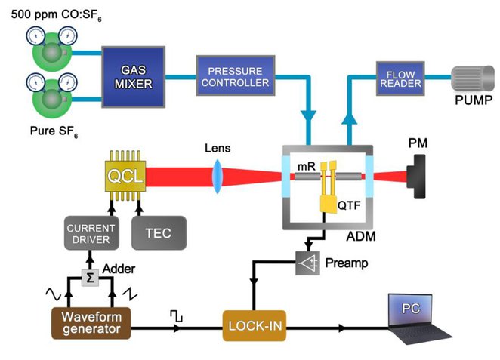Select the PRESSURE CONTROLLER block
(x=233, y=73)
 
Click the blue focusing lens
(x=218, y=178)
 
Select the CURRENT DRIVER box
(x=87, y=233)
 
